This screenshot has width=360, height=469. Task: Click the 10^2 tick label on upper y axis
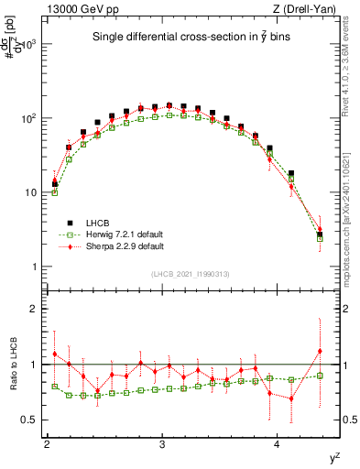coord(29,118)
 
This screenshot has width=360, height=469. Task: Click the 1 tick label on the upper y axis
coord(35,267)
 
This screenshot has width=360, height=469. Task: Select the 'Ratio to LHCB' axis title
coord(10,365)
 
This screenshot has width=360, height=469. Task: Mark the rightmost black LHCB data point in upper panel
coord(320,234)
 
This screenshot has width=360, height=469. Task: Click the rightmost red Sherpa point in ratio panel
coord(320,351)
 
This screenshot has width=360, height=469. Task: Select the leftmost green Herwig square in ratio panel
coord(55,387)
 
